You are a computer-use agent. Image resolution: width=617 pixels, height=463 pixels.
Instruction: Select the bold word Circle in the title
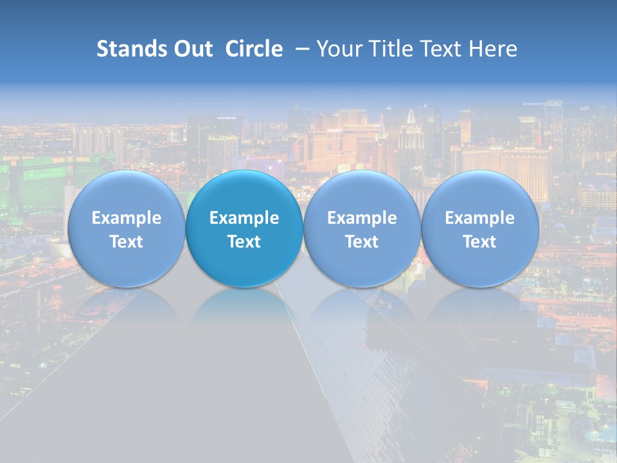click(x=254, y=49)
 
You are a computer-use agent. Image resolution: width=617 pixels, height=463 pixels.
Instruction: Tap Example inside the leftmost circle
click(x=126, y=218)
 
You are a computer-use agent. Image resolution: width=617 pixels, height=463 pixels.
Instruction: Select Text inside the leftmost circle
click(x=126, y=242)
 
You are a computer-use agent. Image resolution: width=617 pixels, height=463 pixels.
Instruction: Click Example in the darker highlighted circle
click(x=244, y=218)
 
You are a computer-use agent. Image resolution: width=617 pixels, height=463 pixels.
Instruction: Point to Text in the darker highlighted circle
click(x=244, y=242)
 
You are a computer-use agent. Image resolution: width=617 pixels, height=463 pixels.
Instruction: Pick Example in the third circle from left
click(x=362, y=218)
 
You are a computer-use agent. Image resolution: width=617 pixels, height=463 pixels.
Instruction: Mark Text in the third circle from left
click(x=362, y=242)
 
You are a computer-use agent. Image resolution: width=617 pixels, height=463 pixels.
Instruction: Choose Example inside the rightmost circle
click(x=479, y=218)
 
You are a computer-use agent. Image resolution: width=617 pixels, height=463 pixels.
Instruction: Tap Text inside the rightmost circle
click(x=479, y=242)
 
